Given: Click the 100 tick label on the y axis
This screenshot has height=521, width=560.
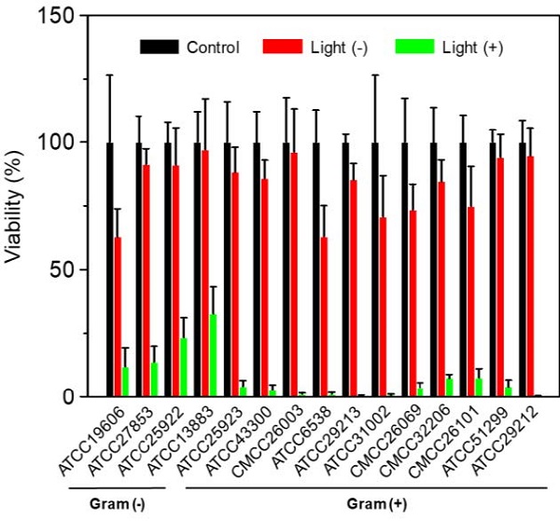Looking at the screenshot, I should (59, 143).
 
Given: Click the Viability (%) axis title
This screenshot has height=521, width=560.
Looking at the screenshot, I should (16, 205).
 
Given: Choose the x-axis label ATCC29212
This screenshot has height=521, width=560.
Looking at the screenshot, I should (516, 437).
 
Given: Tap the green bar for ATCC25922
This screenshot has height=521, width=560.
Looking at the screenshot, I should (183, 367).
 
